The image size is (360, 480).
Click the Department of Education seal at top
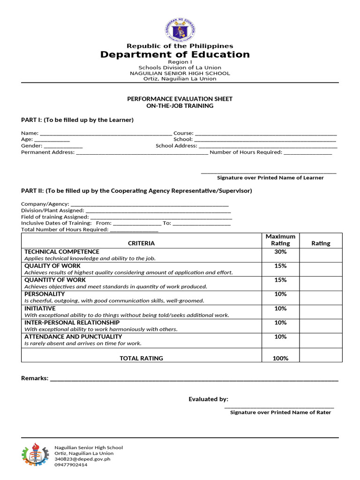(x=180, y=30)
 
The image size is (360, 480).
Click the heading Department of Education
(x=175, y=55)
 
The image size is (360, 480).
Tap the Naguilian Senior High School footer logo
(x=36, y=454)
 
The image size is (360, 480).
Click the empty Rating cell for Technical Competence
(x=321, y=255)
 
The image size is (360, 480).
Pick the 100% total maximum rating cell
(x=280, y=358)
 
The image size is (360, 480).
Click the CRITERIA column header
(x=141, y=243)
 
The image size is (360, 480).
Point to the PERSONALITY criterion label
(x=45, y=294)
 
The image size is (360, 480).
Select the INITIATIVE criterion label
(x=40, y=308)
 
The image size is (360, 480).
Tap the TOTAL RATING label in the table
(x=141, y=358)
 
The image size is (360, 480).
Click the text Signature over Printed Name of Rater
(x=280, y=412)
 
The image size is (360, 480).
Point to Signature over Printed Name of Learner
(x=270, y=178)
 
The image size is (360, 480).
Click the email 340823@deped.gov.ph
(x=82, y=459)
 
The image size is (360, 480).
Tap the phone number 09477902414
(x=71, y=465)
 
